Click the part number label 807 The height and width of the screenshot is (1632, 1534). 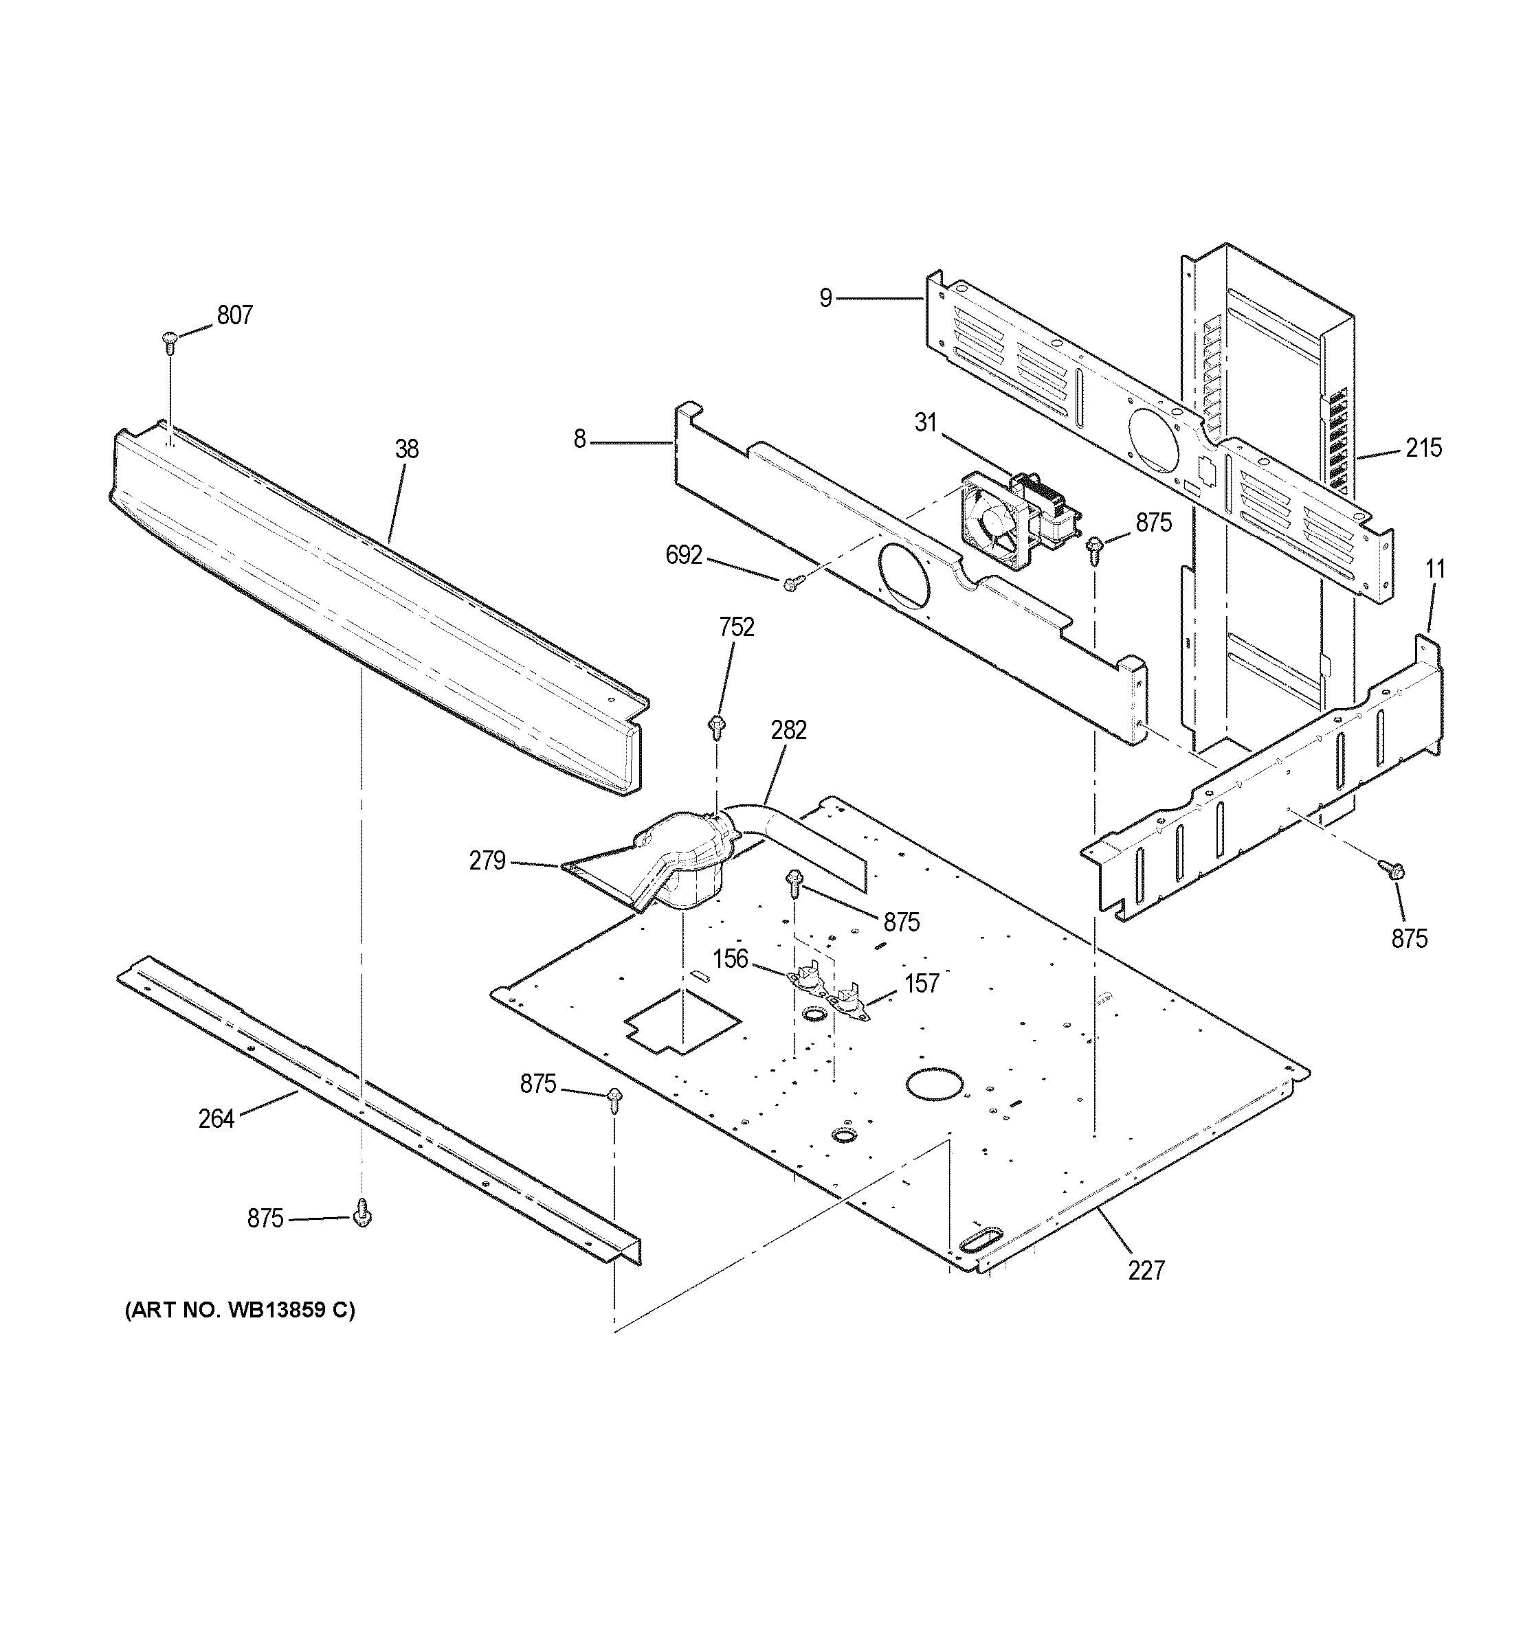click(235, 315)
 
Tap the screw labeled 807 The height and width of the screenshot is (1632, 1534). click(170, 340)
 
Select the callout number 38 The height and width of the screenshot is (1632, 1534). click(406, 449)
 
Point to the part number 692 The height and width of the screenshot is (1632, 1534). click(684, 556)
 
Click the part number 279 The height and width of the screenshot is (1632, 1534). click(487, 861)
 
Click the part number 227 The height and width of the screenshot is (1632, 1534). click(1146, 1270)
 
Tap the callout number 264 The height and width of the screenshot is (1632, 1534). click(216, 1118)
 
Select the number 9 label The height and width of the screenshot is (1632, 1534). click(825, 298)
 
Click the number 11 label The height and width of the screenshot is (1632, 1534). click(1434, 568)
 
